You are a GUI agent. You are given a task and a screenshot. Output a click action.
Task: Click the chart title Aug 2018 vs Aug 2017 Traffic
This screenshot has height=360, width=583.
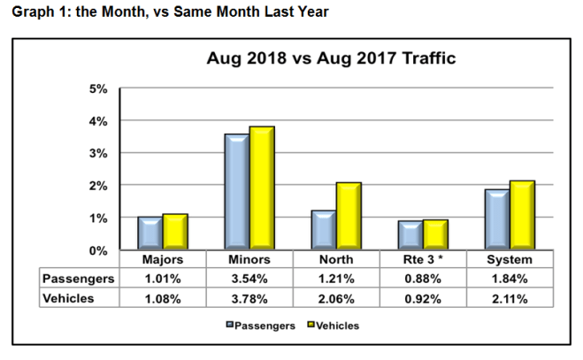(x=330, y=60)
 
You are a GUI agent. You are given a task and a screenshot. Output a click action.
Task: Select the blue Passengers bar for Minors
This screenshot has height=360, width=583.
(x=236, y=192)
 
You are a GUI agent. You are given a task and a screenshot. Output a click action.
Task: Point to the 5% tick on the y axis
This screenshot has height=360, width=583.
(x=97, y=88)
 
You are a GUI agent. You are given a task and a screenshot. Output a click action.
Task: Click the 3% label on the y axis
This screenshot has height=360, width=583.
(x=97, y=153)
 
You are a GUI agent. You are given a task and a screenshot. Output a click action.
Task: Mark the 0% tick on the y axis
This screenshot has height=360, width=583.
(x=97, y=250)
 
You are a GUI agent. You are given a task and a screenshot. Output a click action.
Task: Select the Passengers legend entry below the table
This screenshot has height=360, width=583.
(x=260, y=326)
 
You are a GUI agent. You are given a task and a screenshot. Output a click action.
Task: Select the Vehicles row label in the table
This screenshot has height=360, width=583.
(x=70, y=299)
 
